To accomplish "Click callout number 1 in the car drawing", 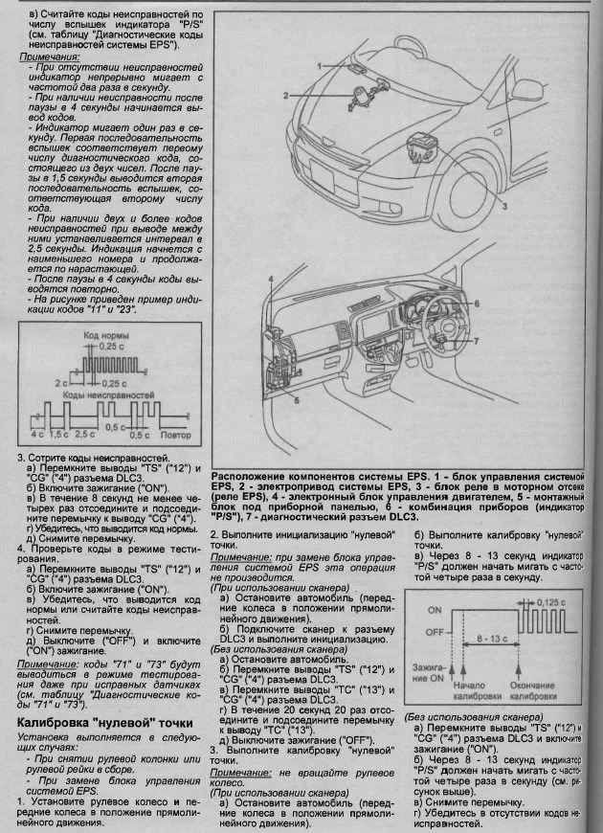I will click(x=323, y=63).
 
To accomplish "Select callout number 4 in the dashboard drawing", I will click(x=272, y=278).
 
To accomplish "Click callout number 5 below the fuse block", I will click(x=295, y=401).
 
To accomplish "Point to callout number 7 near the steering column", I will click(x=476, y=341).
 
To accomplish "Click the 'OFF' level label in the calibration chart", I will click(x=434, y=632).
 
